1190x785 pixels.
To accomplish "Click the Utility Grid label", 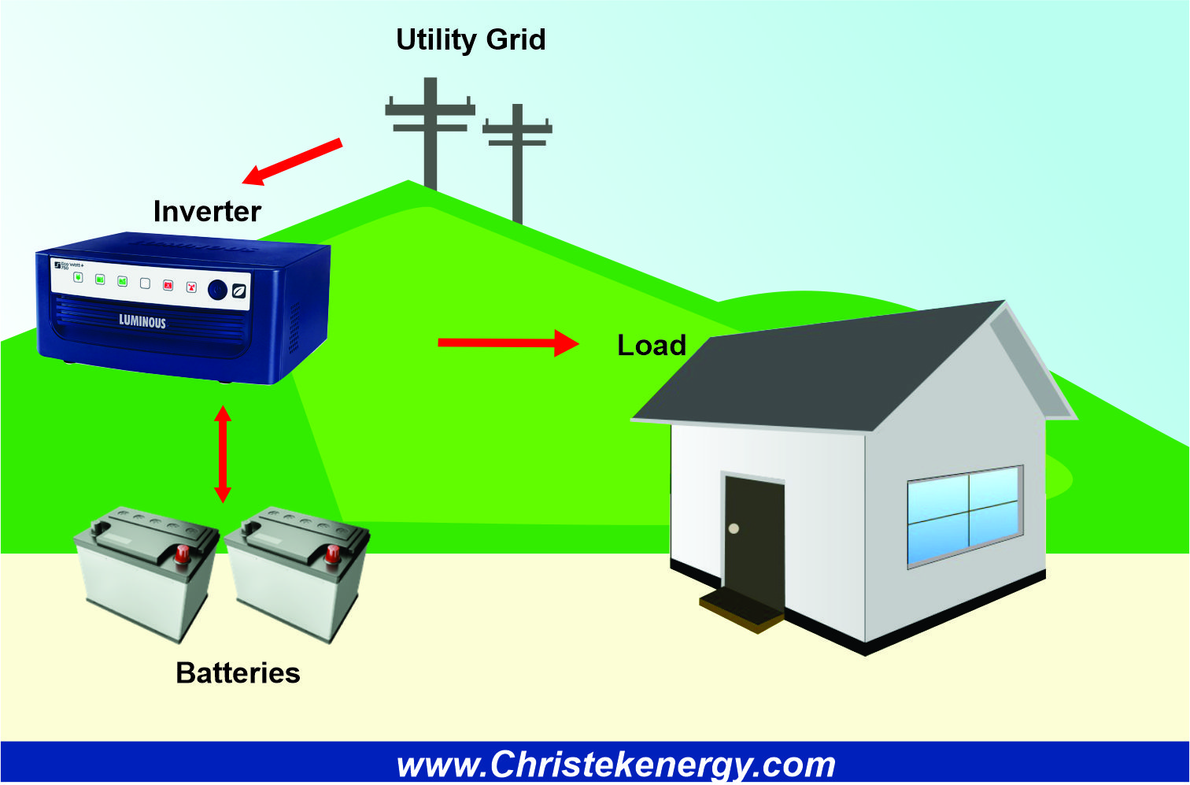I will (x=471, y=39).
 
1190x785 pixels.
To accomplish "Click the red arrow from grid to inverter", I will (x=292, y=162).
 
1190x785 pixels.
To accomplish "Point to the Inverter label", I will (x=207, y=211).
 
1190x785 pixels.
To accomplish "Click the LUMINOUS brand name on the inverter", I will (x=142, y=321).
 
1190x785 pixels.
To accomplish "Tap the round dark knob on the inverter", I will (x=217, y=290).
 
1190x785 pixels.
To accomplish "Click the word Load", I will (x=651, y=345).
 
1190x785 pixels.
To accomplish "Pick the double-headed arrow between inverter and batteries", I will (x=223, y=454).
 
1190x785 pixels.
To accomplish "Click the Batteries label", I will (x=238, y=673).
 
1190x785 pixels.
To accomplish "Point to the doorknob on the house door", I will (x=734, y=528).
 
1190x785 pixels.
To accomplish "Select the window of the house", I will (x=965, y=515).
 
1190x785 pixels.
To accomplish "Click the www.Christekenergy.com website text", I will (x=615, y=765).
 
